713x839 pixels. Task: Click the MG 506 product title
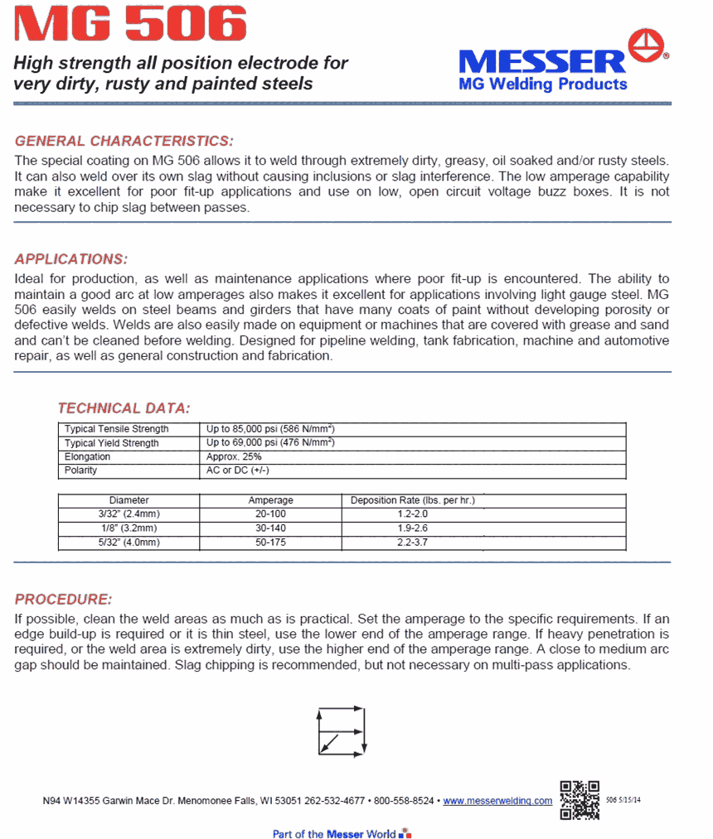[130, 24]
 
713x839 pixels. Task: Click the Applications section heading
[71, 258]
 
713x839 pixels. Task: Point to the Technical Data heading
[124, 407]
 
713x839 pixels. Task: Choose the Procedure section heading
[63, 599]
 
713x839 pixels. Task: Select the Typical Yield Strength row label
[112, 443]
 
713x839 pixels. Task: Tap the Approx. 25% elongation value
[234, 456]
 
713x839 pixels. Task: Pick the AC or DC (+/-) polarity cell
[238, 470]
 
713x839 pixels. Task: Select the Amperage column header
[270, 500]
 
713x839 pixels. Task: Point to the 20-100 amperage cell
[270, 514]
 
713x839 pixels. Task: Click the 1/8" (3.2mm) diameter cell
[128, 528]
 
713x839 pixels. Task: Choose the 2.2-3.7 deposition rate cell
[412, 542]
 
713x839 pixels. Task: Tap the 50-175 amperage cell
[270, 542]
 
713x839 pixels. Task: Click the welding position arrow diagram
[341, 730]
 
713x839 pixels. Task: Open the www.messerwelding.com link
[497, 801]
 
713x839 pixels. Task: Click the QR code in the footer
[580, 799]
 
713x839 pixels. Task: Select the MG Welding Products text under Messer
[543, 84]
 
